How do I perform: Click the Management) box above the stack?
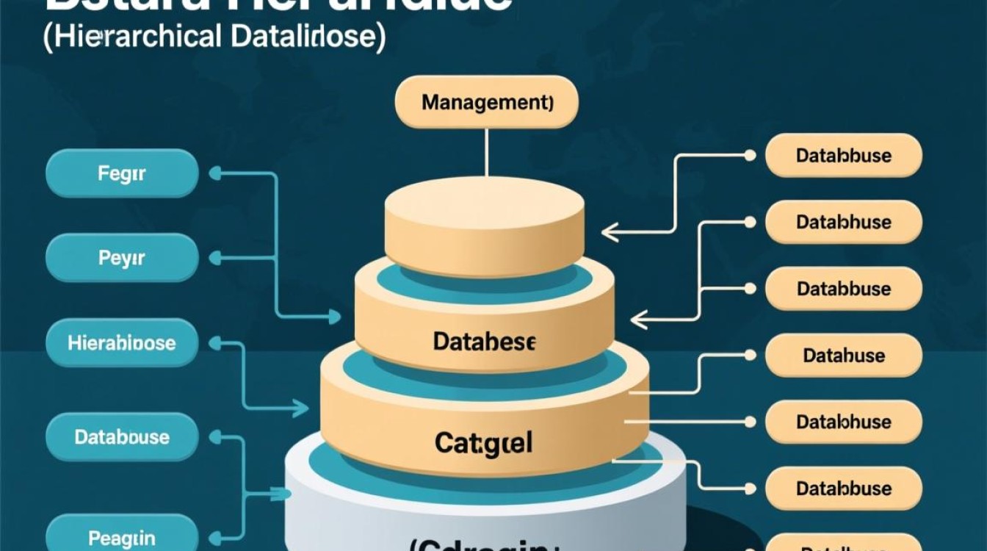coord(486,102)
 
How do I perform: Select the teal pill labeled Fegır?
coord(122,174)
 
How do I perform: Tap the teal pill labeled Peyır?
coord(122,259)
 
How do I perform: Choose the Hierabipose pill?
coord(122,342)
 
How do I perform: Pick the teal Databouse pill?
coord(122,437)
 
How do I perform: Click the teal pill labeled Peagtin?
coord(122,536)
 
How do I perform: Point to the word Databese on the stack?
coord(485,342)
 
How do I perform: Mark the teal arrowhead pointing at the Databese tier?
coord(335,317)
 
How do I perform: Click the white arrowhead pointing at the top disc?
coord(607,234)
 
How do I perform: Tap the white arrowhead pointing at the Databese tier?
coord(637,320)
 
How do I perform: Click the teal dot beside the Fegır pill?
coord(215,174)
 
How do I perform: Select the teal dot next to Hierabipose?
coord(215,343)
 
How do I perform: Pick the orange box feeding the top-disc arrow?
coord(843,156)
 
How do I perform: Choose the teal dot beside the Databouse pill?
coord(215,438)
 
